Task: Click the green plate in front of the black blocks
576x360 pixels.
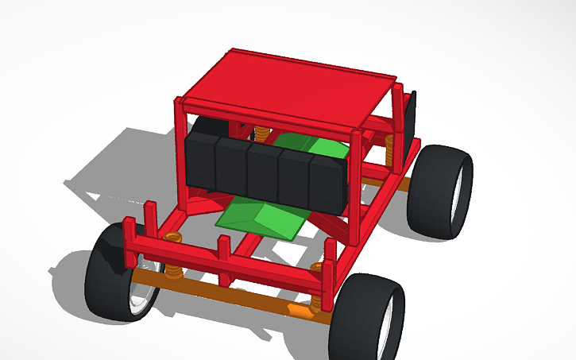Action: [x=262, y=219]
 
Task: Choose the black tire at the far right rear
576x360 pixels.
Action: [x=435, y=191]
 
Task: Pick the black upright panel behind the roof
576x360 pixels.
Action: [x=410, y=119]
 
